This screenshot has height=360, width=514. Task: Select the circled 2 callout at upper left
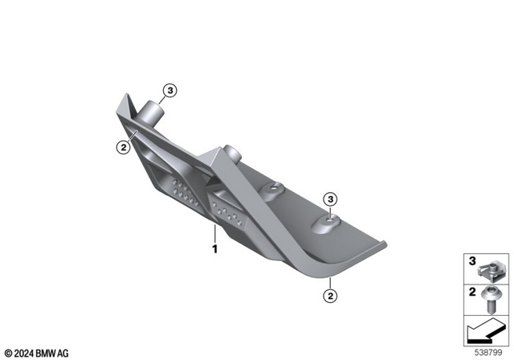tap(123, 146)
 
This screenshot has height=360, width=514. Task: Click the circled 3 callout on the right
tap(329, 199)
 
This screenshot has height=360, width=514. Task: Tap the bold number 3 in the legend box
tap(473, 260)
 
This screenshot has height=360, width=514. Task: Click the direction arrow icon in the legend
tap(486, 329)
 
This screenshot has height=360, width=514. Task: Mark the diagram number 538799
tap(489, 351)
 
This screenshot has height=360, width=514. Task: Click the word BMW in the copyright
tap(47, 352)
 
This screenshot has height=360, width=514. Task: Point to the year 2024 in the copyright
tap(24, 352)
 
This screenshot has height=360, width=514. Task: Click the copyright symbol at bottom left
tap(6, 352)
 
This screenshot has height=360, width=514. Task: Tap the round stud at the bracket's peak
tap(233, 153)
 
